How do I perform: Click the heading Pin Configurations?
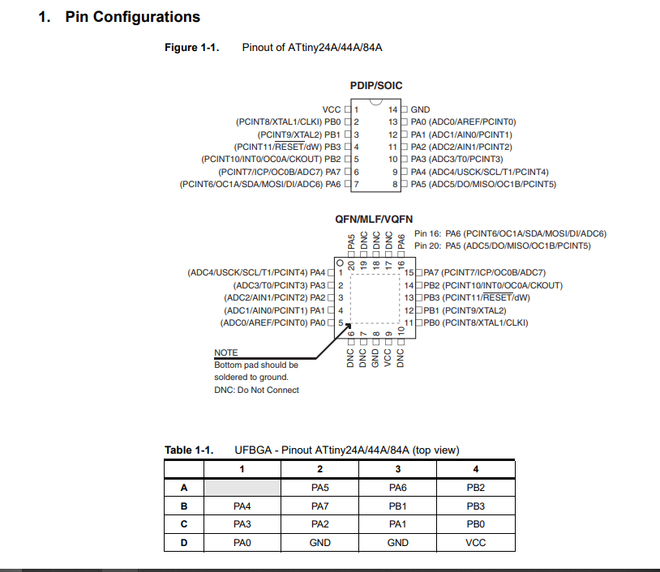tap(132, 17)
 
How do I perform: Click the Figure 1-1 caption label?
tap(192, 48)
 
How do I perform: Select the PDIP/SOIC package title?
tap(376, 85)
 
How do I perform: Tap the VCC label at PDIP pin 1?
tap(332, 109)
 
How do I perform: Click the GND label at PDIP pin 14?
tap(420, 109)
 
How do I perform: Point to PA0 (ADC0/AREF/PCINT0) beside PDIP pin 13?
tap(463, 122)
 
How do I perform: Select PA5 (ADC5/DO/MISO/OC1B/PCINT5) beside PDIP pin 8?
tap(483, 185)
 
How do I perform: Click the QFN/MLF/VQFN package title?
tap(374, 220)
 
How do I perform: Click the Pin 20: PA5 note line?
tap(502, 245)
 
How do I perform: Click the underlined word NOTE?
tap(226, 353)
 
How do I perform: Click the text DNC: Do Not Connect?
tap(256, 390)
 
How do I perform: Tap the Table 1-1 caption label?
tap(189, 450)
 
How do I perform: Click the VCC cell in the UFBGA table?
tap(476, 543)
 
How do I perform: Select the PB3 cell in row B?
tap(476, 506)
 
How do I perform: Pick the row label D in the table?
tap(184, 543)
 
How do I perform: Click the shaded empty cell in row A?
tap(242, 488)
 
